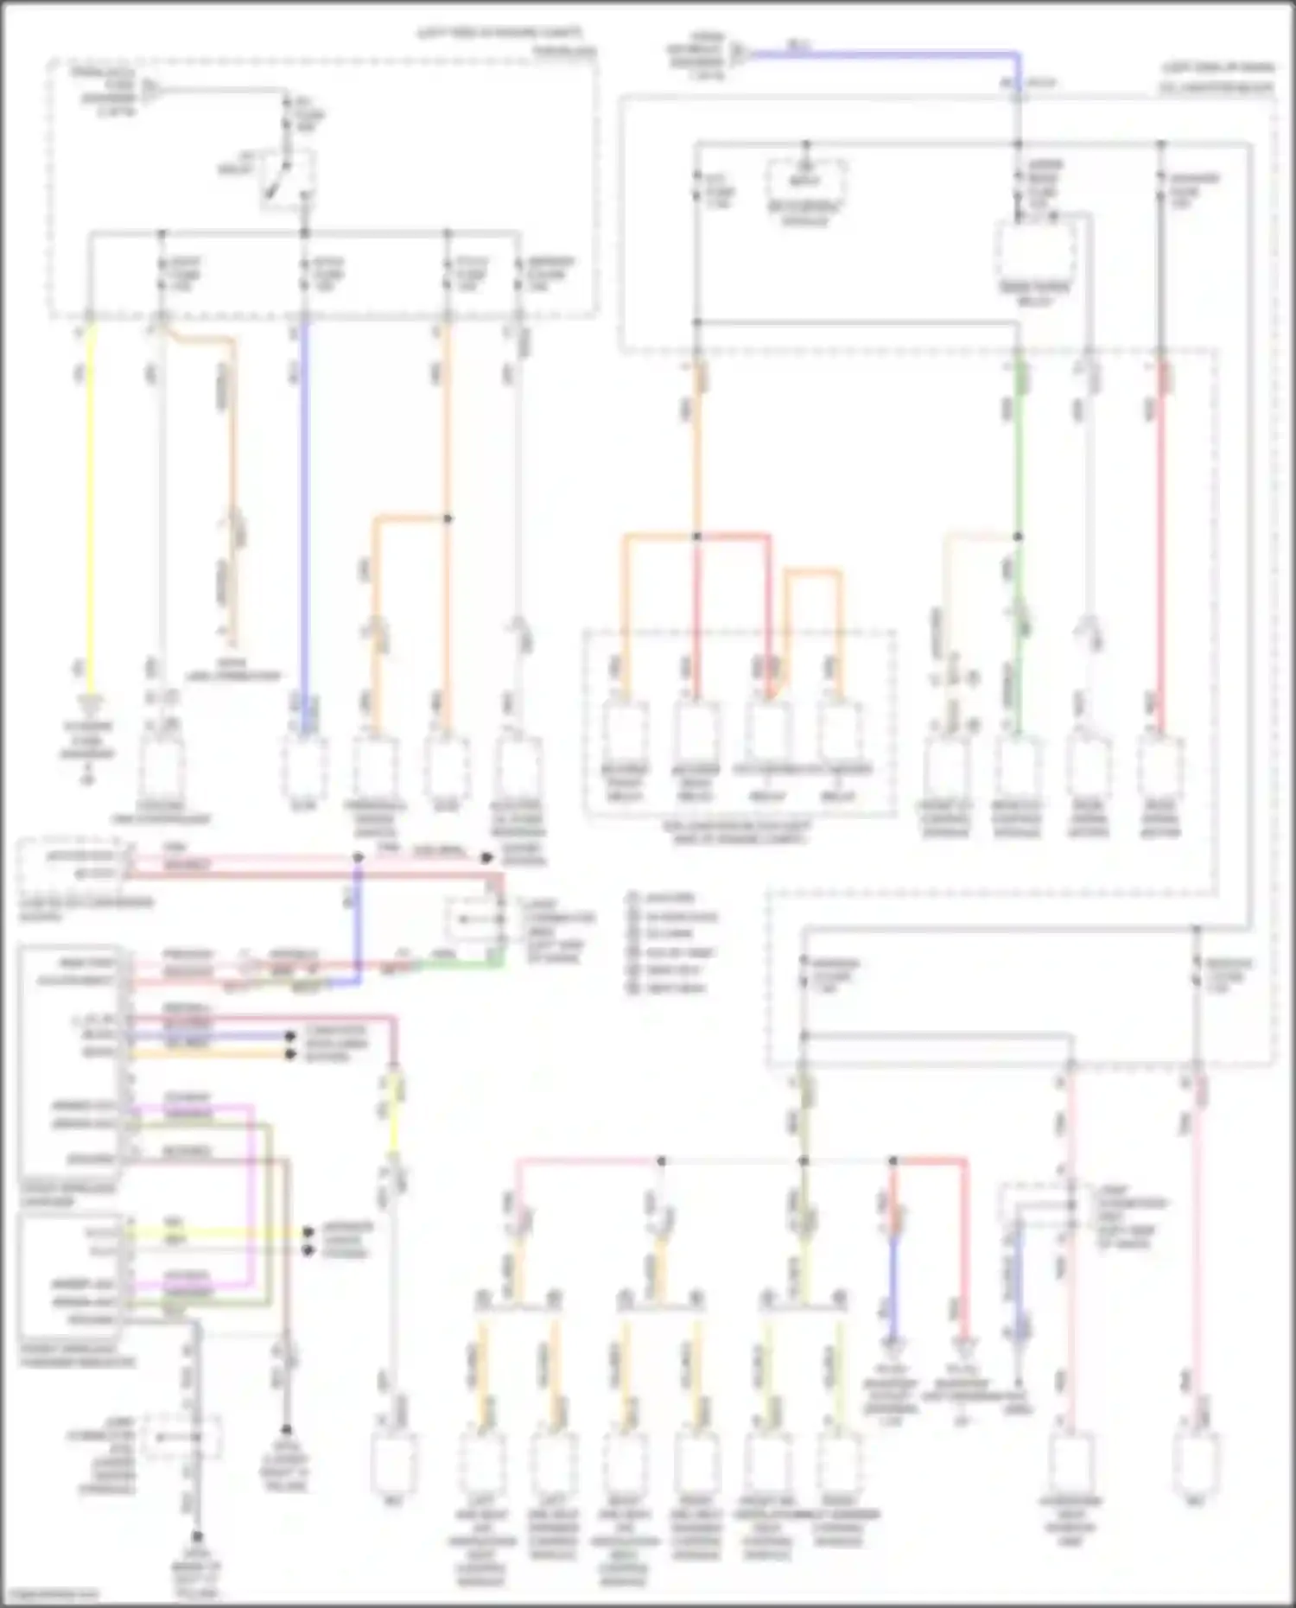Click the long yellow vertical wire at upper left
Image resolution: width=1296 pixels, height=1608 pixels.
[90, 501]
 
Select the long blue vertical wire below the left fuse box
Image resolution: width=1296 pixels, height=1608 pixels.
[304, 518]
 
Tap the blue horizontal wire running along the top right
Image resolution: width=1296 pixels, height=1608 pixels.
[881, 54]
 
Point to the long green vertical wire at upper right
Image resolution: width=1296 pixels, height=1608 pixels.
[1019, 484]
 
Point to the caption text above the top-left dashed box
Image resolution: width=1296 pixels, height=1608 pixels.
[501, 35]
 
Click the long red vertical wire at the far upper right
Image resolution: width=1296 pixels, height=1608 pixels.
[1162, 553]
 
